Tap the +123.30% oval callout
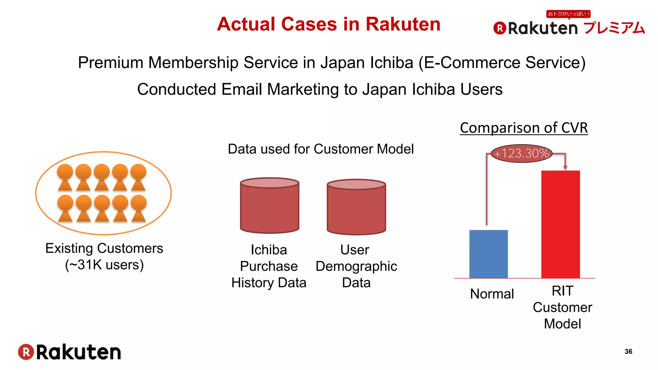pyautogui.click(x=522, y=154)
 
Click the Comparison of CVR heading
pyautogui.click(x=524, y=128)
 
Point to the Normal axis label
pyautogui.click(x=492, y=294)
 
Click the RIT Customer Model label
pyautogui.click(x=562, y=307)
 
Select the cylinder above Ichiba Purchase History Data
pyautogui.click(x=270, y=206)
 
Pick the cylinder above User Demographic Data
pyautogui.click(x=356, y=207)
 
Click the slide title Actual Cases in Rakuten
pyautogui.click(x=328, y=24)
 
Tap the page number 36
pyautogui.click(x=628, y=351)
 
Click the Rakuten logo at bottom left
pyautogui.click(x=70, y=352)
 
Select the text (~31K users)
pyautogui.click(x=104, y=265)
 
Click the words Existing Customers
pyautogui.click(x=104, y=248)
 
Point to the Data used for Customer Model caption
pyautogui.click(x=320, y=149)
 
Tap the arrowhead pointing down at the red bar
pyautogui.click(x=565, y=167)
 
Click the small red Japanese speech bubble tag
pyautogui.click(x=568, y=14)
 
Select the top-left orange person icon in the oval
pyautogui.click(x=65, y=177)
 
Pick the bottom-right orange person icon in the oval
pyautogui.click(x=139, y=208)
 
